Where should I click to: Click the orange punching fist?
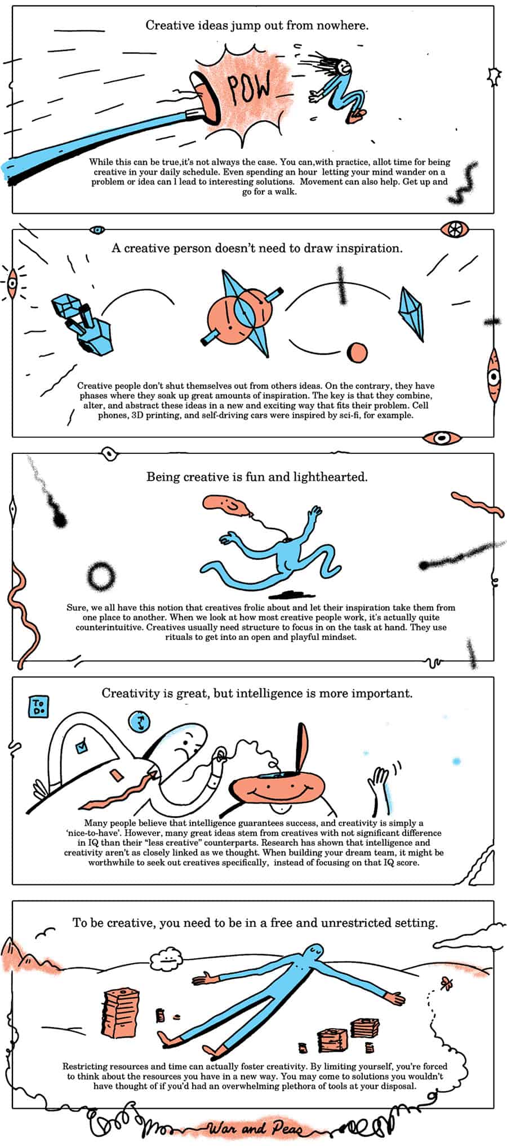point(206,96)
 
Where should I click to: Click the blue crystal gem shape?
point(411,313)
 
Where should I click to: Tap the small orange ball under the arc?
point(357,352)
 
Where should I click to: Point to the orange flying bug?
point(447,983)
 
